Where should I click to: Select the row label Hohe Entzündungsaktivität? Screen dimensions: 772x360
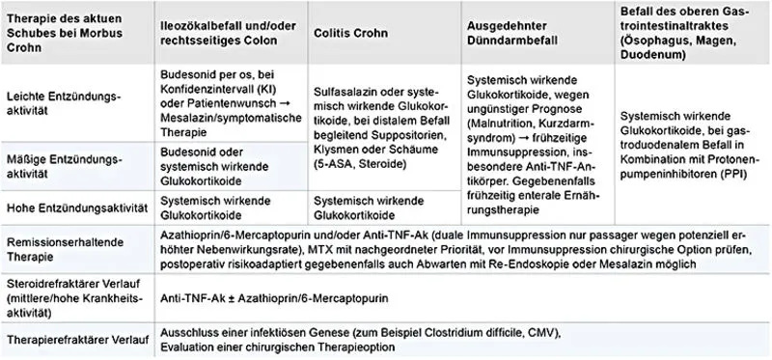click(76, 205)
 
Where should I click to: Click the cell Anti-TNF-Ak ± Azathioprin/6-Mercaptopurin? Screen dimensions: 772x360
click(285, 297)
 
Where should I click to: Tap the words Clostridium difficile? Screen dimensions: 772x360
click(506, 331)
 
